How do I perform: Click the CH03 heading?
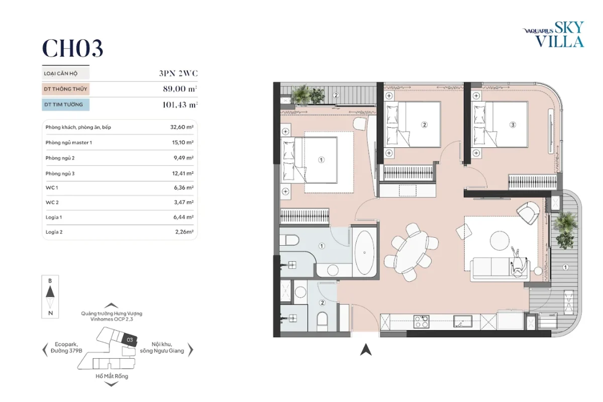(72, 48)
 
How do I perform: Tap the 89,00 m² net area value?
(180, 89)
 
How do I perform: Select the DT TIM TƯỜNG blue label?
(65, 105)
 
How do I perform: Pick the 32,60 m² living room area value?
(182, 127)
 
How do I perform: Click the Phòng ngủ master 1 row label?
(69, 142)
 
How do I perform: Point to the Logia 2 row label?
(54, 232)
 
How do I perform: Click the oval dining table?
(411, 252)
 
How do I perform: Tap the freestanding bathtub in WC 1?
(364, 253)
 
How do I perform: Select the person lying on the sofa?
(518, 262)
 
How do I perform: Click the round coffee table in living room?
(499, 240)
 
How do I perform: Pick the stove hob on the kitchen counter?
(421, 322)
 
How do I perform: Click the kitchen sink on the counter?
(463, 321)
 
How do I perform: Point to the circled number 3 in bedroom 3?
(513, 125)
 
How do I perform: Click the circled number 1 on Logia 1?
(565, 267)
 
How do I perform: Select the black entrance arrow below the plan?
(366, 350)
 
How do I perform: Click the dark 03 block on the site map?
(129, 340)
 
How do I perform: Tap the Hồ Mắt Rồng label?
(112, 376)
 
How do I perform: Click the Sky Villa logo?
(553, 34)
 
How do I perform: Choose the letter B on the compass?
(50, 281)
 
